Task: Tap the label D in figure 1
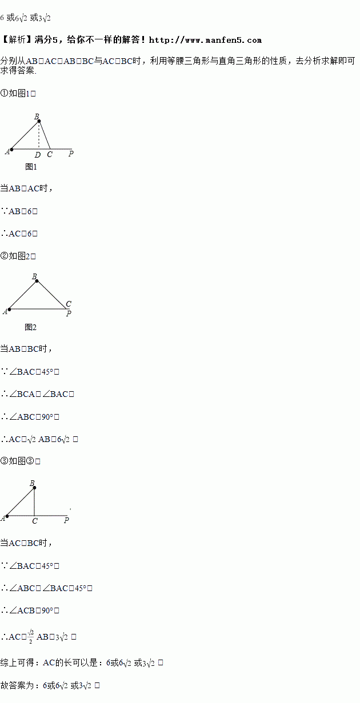[x=38, y=154]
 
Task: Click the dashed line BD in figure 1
[x=39, y=135]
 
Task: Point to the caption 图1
[x=31, y=167]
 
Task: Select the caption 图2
[x=31, y=327]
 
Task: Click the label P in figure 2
[x=69, y=314]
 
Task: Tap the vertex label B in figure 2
[x=34, y=276]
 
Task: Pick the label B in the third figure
[x=32, y=483]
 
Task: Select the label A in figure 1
[x=7, y=151]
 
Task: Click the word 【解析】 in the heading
[x=16, y=40]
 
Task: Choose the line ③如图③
[x=21, y=461]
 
